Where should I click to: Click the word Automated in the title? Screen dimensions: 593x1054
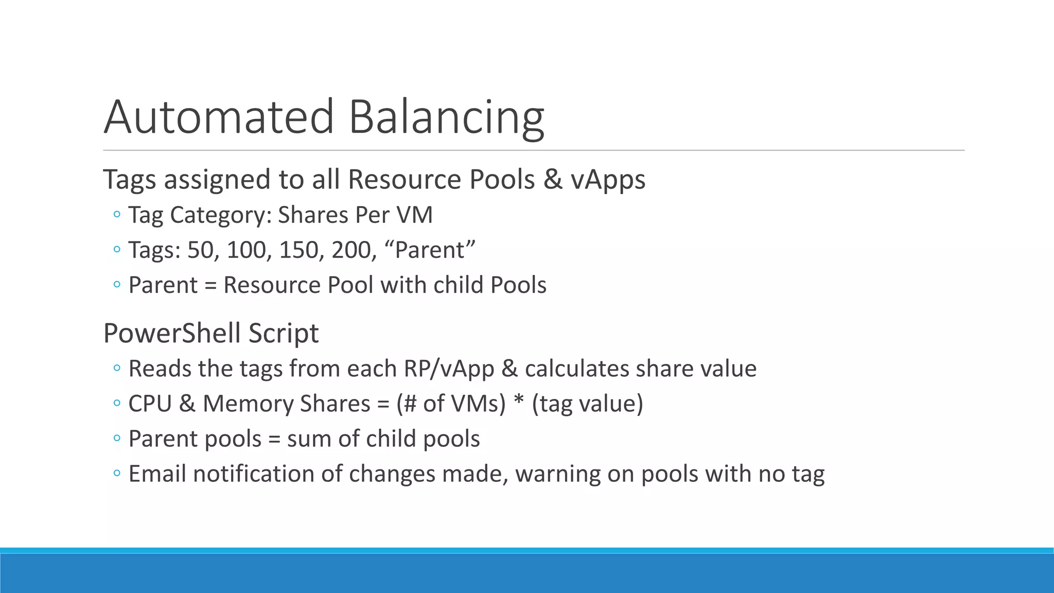tap(219, 117)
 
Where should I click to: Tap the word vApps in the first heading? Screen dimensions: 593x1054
tap(608, 180)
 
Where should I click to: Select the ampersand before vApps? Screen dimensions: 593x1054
tap(553, 180)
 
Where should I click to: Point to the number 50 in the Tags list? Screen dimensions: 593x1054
tap(200, 250)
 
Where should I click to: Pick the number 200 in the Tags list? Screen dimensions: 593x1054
tap(352, 250)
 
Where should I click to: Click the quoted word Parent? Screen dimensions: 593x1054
tap(430, 250)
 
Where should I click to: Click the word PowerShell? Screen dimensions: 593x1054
tap(172, 333)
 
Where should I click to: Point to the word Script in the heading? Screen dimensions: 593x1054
tap(284, 333)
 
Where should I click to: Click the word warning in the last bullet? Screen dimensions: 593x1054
tap(557, 474)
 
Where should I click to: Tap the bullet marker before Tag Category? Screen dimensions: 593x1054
tap(117, 214)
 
